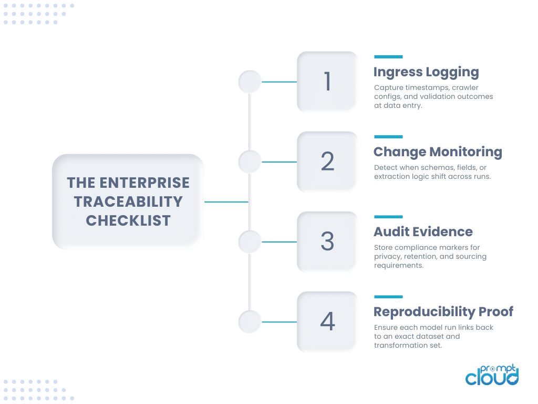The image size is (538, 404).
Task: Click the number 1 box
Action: point(327,82)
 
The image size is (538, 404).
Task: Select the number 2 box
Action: point(327,161)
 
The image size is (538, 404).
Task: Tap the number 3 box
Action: point(327,241)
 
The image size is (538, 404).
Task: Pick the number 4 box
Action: point(327,321)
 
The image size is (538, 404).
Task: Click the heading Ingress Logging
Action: point(426,72)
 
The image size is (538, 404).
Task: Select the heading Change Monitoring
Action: point(438,152)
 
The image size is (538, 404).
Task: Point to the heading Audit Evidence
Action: point(423,232)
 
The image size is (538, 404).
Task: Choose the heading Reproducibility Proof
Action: point(443,312)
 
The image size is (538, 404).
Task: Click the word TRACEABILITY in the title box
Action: point(128,201)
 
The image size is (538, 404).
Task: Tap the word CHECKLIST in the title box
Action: point(128,220)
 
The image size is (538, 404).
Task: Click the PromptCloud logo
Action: point(492,374)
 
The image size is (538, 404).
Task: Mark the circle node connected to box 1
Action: point(250,82)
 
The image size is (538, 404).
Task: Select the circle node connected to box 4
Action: point(250,321)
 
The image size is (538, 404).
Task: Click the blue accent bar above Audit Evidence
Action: point(388,217)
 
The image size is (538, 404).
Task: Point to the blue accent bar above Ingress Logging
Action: point(388,57)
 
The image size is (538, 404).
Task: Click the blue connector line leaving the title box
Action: point(226,201)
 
